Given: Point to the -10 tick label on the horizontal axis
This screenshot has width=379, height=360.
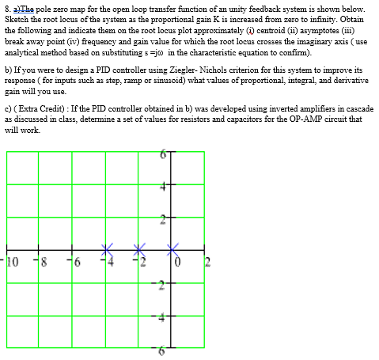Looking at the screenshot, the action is (9, 261).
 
